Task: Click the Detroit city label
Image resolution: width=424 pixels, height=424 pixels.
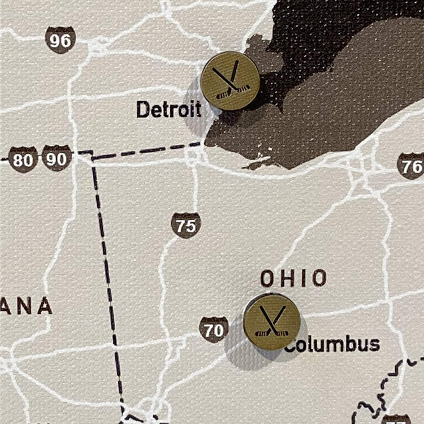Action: click(x=168, y=109)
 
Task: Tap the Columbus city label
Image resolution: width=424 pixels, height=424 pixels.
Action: click(x=332, y=344)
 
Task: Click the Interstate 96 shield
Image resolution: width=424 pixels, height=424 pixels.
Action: click(x=60, y=40)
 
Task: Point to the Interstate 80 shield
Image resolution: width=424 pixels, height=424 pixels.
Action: click(x=23, y=160)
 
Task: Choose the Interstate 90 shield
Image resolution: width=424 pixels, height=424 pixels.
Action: click(x=57, y=158)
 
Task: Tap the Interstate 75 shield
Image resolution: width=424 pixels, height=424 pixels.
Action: click(x=186, y=226)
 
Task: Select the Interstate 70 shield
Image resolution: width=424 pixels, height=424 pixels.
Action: click(x=214, y=330)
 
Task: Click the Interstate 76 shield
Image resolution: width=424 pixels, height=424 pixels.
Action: click(x=411, y=166)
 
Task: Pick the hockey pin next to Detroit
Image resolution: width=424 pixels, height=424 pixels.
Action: click(x=230, y=80)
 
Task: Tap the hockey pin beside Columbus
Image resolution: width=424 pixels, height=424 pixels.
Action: click(x=271, y=322)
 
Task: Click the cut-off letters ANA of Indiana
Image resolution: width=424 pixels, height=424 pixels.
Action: click(x=26, y=306)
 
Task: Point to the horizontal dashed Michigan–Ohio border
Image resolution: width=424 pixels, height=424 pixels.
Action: click(x=147, y=150)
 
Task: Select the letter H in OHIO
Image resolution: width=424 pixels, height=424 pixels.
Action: click(x=281, y=278)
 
